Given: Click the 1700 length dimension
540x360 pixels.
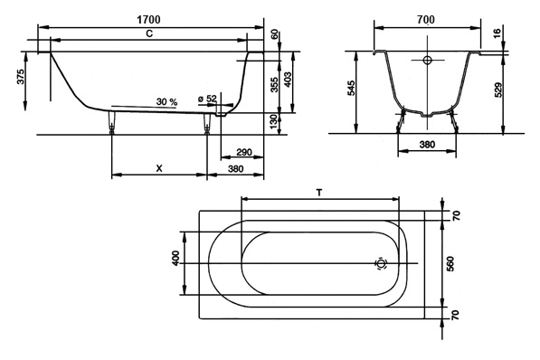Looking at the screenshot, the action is (x=148, y=20).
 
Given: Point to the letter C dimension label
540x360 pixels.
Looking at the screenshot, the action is (x=149, y=33).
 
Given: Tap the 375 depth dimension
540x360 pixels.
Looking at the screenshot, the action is (x=20, y=77).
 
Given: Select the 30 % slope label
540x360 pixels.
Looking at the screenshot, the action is (x=166, y=102).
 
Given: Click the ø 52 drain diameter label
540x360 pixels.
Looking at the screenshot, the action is (x=207, y=99).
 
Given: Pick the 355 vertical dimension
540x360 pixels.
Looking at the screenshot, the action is (x=274, y=84).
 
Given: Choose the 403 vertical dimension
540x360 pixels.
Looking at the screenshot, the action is (x=288, y=80).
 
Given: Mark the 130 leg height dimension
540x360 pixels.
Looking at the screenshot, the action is (x=274, y=122).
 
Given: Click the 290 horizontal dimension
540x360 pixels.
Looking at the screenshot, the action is (x=244, y=152).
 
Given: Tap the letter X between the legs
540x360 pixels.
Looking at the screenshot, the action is (x=159, y=168).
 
